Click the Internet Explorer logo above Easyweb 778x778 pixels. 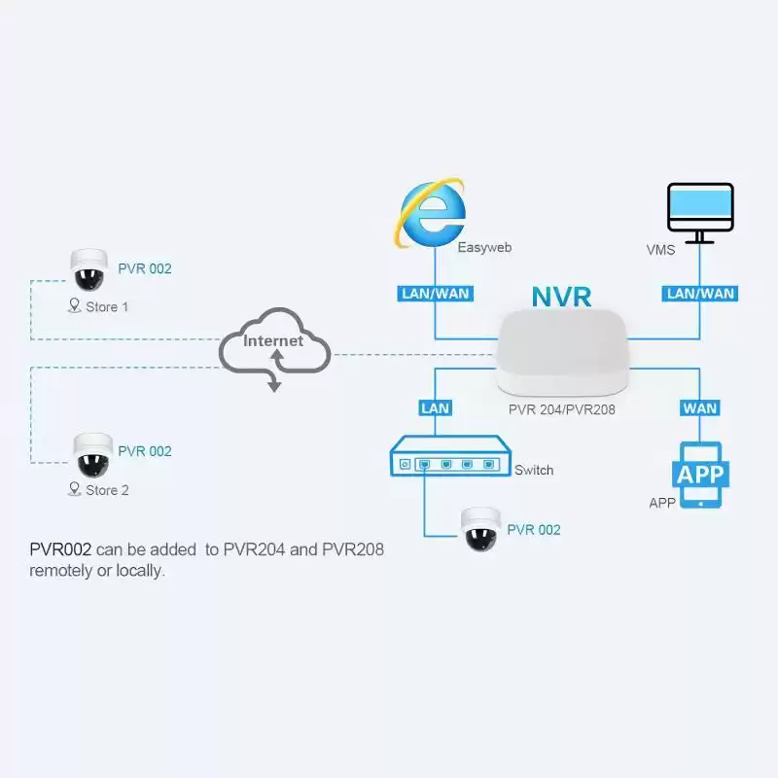[431, 213]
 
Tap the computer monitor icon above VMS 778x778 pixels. [700, 213]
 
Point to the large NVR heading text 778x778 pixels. [562, 297]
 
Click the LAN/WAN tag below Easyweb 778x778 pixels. [435, 294]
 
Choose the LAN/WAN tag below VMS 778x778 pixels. [700, 294]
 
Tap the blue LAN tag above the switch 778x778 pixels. [435, 408]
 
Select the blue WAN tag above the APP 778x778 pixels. [700, 408]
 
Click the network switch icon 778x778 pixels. [450, 456]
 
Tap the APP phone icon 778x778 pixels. [700, 476]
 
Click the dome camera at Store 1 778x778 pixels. [89, 270]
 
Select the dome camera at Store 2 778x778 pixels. [92, 455]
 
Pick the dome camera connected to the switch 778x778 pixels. [479, 529]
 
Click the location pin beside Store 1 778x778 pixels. [75, 305]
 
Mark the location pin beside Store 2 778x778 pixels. [75, 489]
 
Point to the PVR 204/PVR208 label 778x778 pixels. [562, 409]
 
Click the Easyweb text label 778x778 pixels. [484, 248]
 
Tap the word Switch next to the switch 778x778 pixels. [534, 470]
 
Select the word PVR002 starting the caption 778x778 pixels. [60, 549]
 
